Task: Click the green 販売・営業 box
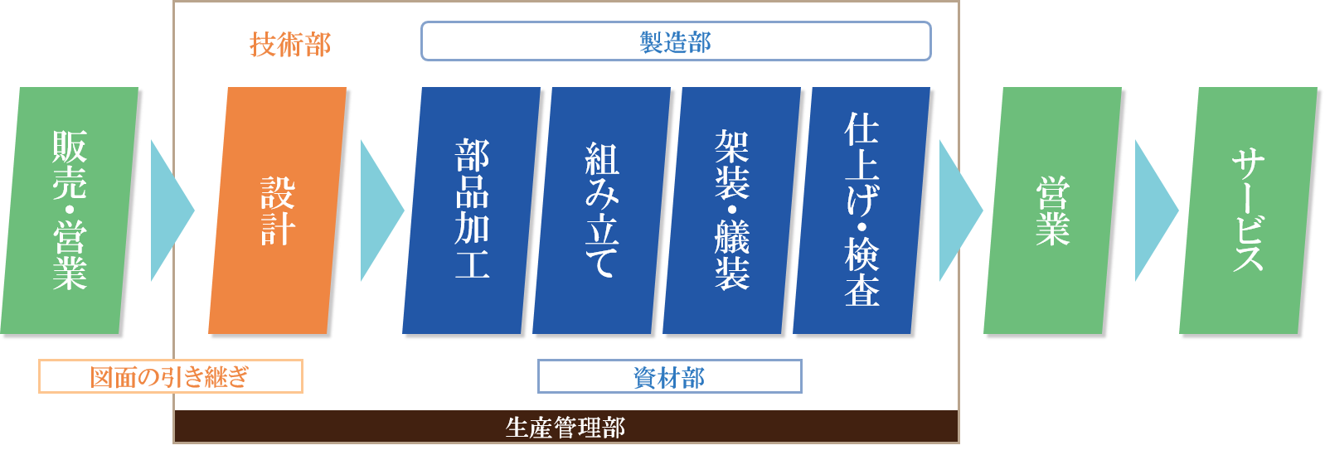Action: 70,211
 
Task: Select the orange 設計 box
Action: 278,211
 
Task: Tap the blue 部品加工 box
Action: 472,211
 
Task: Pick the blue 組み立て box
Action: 602,211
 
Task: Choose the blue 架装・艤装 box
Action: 732,211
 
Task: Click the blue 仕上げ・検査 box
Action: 862,211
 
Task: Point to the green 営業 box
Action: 1053,211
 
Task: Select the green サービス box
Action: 1249,211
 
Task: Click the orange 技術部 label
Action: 290,44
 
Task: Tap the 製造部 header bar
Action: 676,41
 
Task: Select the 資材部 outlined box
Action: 669,377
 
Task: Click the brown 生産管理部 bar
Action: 565,427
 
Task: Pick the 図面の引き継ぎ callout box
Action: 170,377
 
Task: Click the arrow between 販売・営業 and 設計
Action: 168,211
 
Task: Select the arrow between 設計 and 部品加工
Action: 379,211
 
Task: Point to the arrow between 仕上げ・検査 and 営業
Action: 958,211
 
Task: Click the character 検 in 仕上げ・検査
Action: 862,254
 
